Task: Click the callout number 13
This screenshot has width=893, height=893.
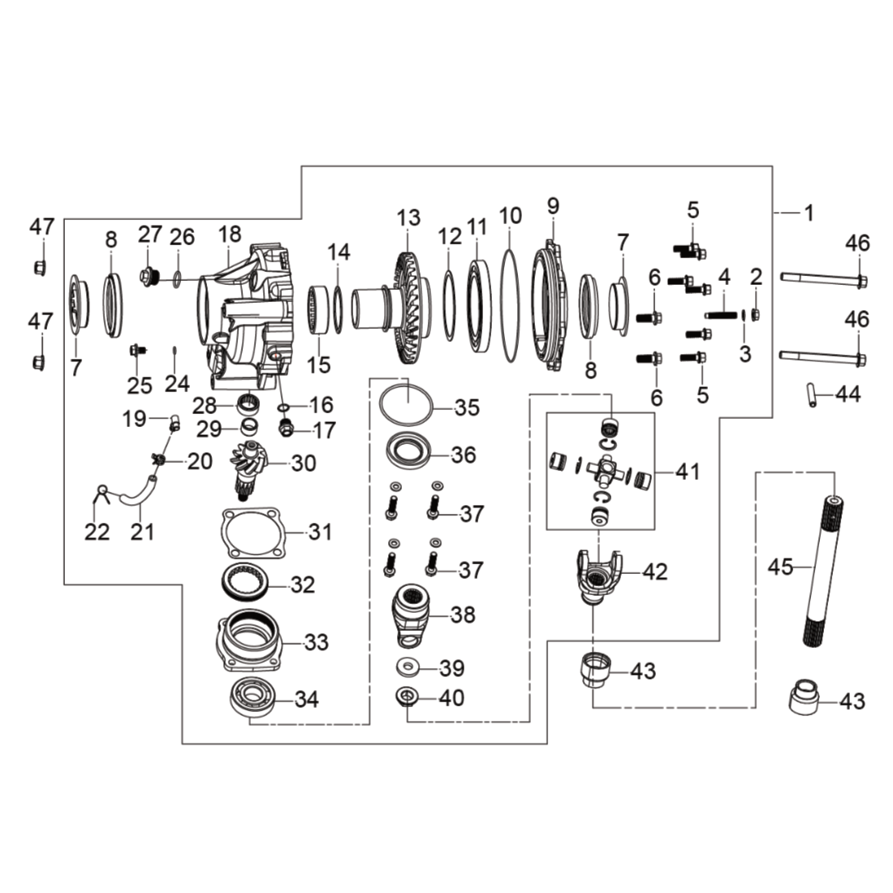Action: [x=408, y=218]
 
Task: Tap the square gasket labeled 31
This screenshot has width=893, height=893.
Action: [x=252, y=533]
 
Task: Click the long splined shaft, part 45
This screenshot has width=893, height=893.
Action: [x=825, y=572]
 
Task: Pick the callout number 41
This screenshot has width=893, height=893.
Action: [x=688, y=472]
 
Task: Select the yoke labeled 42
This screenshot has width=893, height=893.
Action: [x=598, y=576]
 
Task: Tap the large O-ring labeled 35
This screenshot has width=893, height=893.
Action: [x=406, y=404]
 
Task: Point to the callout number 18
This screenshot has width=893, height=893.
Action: [x=230, y=234]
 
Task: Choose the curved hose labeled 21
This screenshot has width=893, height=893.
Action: [x=138, y=491]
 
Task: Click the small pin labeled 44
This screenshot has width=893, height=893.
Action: [x=810, y=395]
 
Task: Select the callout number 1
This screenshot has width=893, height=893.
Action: [x=809, y=213]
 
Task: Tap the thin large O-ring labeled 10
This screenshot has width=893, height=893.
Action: [x=511, y=304]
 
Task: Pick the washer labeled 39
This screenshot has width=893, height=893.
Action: [x=408, y=666]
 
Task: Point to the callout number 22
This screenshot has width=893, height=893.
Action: [x=97, y=532]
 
